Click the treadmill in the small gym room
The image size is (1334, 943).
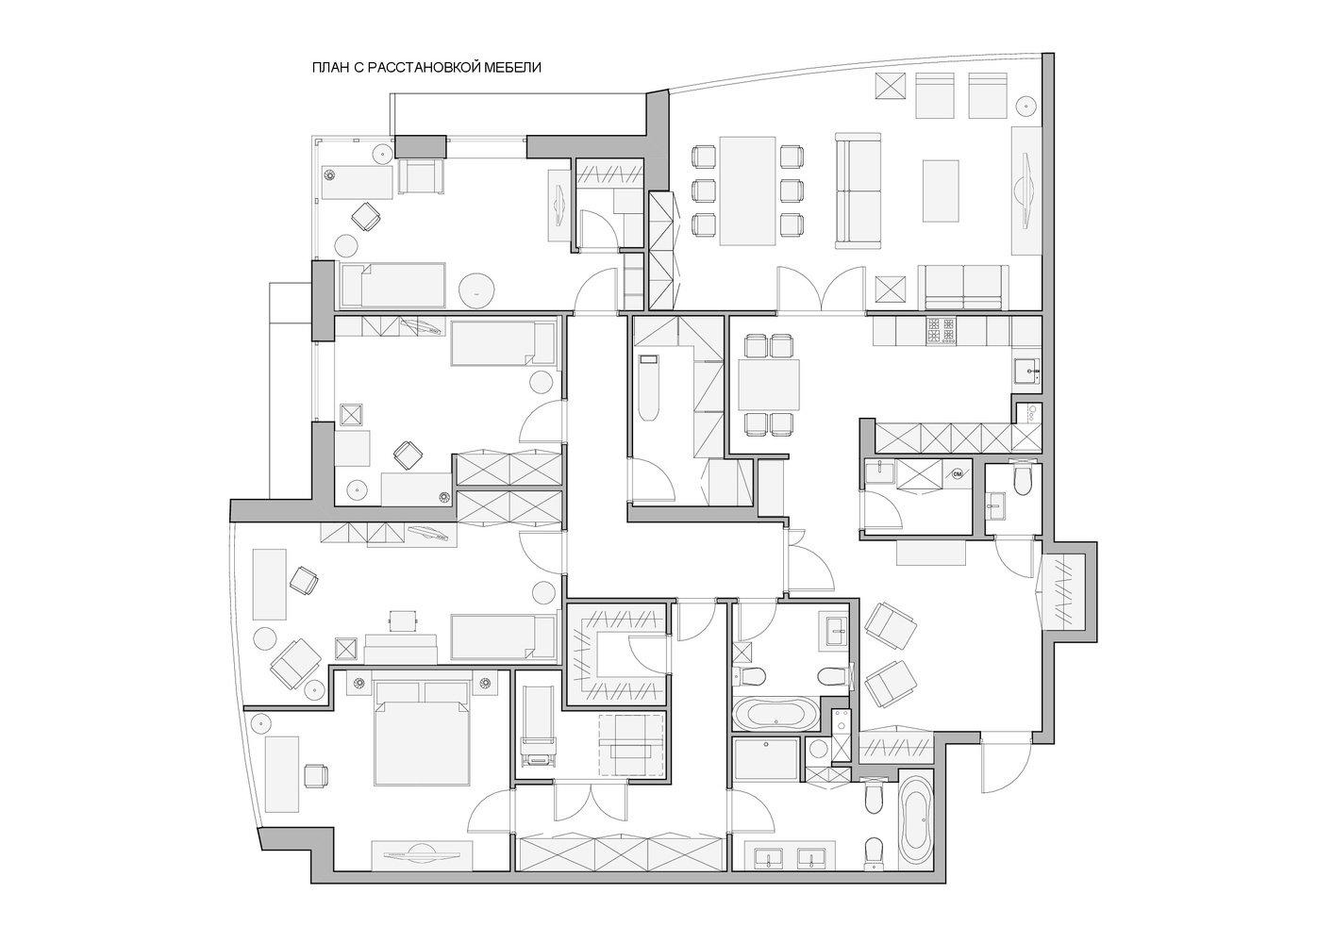pyautogui.click(x=539, y=726)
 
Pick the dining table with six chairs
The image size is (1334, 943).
pyautogui.click(x=747, y=190)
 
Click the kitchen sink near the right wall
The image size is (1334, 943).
pyautogui.click(x=1027, y=371)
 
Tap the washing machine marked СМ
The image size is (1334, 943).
pyautogui.click(x=957, y=474)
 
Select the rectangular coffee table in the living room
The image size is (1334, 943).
pyautogui.click(x=941, y=190)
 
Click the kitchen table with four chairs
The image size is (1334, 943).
pyautogui.click(x=769, y=385)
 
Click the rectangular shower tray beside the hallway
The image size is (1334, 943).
pyautogui.click(x=766, y=759)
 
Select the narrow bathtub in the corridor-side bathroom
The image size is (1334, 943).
pyautogui.click(x=648, y=388)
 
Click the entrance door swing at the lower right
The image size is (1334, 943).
pyautogui.click(x=1006, y=768)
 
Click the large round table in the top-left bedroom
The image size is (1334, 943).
pyautogui.click(x=476, y=290)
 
